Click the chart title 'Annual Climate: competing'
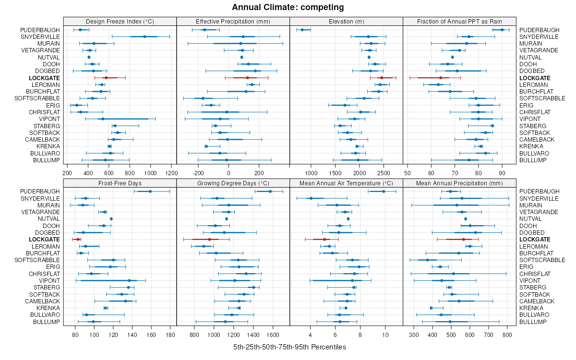288,7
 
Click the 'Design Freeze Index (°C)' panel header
120,21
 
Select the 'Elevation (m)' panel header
346,21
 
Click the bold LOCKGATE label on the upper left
44,78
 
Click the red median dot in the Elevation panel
382,78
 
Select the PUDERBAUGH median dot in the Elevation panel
302,30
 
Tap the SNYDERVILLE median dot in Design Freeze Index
144,36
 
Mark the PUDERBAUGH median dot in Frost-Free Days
150,191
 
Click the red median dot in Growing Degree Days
209,239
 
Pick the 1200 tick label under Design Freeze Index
171,173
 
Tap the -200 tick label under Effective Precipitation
198,173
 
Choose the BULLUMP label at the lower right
533,322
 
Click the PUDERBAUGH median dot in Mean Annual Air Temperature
383,191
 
